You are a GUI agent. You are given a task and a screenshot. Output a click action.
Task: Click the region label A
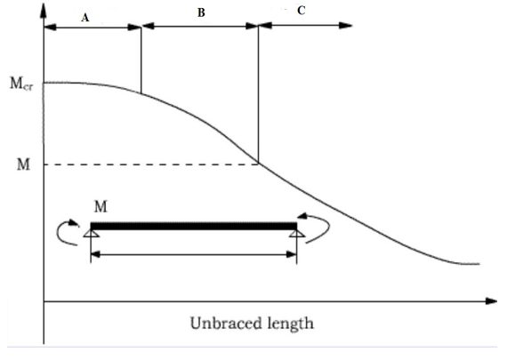[85, 18]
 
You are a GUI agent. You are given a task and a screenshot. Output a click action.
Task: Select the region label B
[201, 12]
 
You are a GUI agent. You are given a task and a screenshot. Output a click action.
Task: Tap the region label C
[301, 11]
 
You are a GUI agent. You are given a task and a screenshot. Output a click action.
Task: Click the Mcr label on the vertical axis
[21, 84]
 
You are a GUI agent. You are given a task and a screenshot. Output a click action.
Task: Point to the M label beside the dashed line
[23, 164]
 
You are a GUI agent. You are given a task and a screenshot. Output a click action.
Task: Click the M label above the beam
[101, 206]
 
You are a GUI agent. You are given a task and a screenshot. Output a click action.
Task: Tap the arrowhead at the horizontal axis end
[491, 301]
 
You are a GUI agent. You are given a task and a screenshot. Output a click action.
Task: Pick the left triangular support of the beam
[91, 234]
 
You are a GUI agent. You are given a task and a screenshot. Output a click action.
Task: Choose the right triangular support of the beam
[296, 234]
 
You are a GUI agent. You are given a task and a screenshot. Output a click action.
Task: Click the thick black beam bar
[194, 226]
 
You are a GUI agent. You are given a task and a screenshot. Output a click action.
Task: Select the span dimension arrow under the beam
[194, 255]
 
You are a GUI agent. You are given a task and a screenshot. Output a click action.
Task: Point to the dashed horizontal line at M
[151, 164]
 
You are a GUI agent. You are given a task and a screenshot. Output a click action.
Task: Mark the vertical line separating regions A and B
[141, 60]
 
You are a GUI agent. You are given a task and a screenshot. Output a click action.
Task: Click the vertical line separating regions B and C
[258, 94]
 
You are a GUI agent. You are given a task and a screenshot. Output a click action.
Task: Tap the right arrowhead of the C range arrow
[346, 26]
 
